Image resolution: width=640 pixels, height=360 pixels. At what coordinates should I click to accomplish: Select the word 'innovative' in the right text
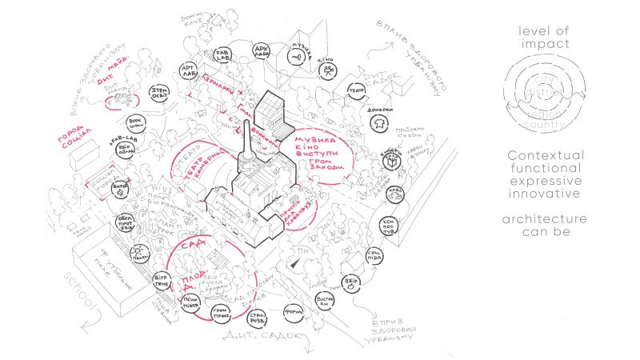(x=570, y=194)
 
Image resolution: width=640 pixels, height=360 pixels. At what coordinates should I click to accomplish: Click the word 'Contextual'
(x=570, y=154)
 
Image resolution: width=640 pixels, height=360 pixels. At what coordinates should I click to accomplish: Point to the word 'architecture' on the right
(x=570, y=218)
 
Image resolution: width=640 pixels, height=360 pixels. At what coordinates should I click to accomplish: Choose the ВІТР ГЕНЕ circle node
(x=161, y=281)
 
